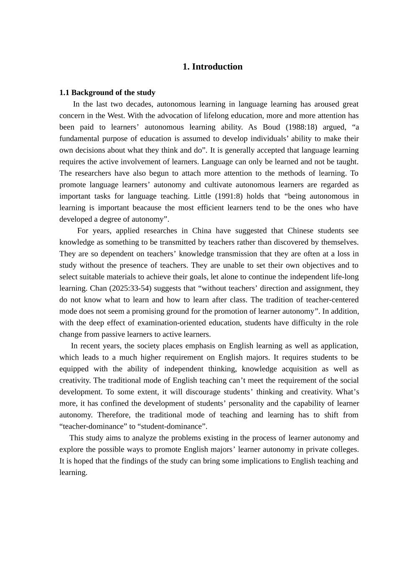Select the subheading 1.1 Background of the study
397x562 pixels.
(x=107, y=92)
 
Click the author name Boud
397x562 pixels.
(x=272, y=127)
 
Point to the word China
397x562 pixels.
(x=201, y=231)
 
